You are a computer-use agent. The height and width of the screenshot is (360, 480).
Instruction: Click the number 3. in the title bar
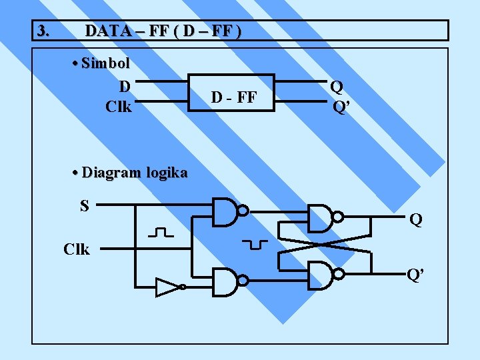point(43,31)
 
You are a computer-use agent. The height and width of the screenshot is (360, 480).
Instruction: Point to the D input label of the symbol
point(124,86)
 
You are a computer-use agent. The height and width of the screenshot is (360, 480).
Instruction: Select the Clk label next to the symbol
point(119,106)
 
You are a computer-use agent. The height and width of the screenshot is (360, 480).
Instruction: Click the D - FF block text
point(234,97)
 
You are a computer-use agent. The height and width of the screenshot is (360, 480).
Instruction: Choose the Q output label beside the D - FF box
point(337,86)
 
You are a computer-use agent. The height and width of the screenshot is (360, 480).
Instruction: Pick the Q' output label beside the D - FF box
point(340,107)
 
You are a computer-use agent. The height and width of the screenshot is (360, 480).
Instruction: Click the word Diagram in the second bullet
point(111,172)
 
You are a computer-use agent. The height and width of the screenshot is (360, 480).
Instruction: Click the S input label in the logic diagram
point(85,206)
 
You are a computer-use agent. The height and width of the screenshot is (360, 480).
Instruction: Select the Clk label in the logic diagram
point(77,249)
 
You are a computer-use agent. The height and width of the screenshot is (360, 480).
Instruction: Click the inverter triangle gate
point(168,288)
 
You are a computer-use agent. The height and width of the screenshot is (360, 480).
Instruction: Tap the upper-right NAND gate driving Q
point(323,217)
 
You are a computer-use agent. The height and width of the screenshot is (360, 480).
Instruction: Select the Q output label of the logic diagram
point(416,219)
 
